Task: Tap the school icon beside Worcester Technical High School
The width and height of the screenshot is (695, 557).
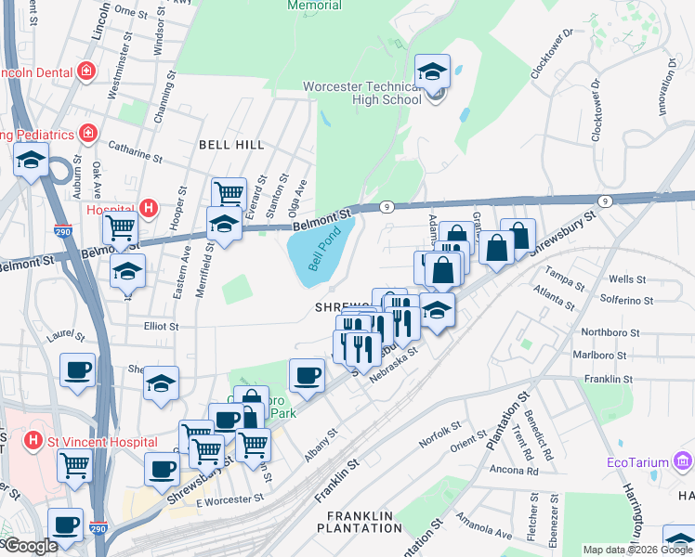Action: click(x=432, y=71)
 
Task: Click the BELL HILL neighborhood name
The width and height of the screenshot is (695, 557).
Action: click(x=231, y=146)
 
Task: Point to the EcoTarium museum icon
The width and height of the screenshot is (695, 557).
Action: click(x=683, y=460)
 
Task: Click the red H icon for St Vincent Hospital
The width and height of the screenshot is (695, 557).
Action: click(x=33, y=439)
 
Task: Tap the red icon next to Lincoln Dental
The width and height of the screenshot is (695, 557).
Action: click(x=86, y=71)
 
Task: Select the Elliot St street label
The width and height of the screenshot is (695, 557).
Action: click(x=160, y=327)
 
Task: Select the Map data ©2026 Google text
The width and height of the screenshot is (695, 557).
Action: click(x=636, y=550)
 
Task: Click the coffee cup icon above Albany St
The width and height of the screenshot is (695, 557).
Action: click(x=307, y=376)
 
